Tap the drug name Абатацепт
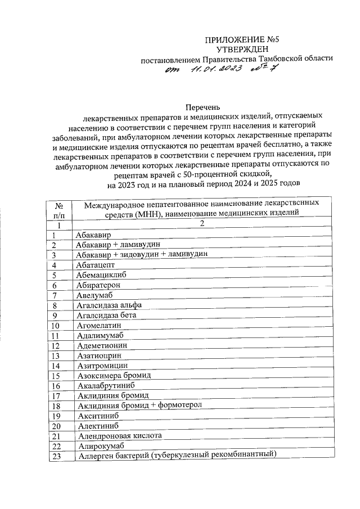point(95,265)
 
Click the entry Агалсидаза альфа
point(109,305)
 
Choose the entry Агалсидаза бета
point(106,315)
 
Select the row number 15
point(56,375)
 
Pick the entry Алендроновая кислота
point(119,435)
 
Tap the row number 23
point(56,456)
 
